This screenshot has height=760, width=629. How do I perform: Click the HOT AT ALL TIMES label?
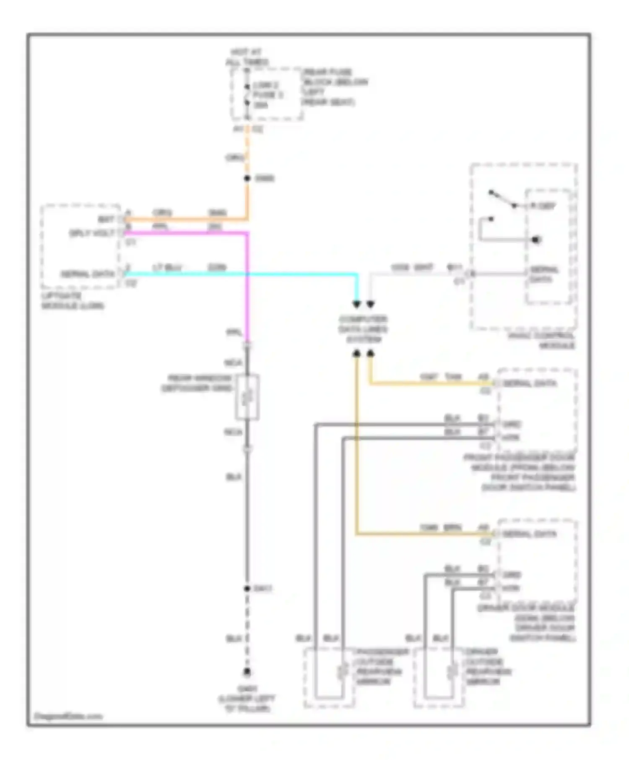[x=247, y=57]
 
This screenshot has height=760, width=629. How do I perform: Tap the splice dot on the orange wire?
[x=247, y=178]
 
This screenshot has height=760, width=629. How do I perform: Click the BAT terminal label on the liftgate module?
[x=106, y=220]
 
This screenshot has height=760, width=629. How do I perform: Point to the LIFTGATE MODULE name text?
[x=72, y=301]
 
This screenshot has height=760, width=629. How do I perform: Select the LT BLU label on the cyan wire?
[x=167, y=267]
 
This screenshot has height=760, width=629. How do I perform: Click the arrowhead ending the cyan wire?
[x=356, y=304]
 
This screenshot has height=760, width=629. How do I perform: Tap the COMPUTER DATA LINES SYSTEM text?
[x=363, y=329]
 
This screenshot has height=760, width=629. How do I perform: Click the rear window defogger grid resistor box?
[x=247, y=397]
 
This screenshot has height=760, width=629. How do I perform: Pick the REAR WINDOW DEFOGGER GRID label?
[x=197, y=383]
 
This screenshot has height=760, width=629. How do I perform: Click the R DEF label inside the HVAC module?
[x=543, y=206]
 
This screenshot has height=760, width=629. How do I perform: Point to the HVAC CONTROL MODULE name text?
[x=541, y=341]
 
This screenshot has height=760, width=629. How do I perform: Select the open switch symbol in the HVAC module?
[x=502, y=199]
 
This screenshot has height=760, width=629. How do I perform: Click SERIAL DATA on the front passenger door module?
[x=529, y=383]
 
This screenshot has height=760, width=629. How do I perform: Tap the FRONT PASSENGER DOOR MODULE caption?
[x=520, y=472]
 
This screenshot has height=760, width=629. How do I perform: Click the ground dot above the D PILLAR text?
[x=247, y=672]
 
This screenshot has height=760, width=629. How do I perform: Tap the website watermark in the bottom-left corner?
[x=68, y=716]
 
